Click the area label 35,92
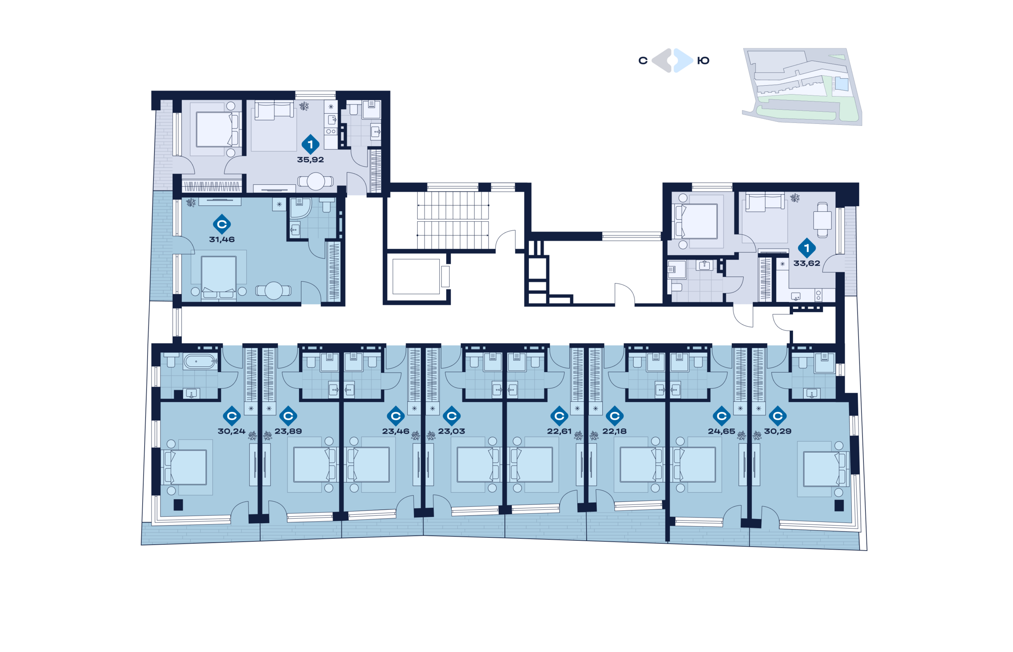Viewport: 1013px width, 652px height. [x=310, y=160]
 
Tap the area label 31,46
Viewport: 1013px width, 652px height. [x=221, y=239]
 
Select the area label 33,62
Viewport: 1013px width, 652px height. [x=806, y=263]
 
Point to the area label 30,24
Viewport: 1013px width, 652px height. [x=231, y=431]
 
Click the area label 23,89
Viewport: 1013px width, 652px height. [x=288, y=431]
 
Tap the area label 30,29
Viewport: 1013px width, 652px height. [x=777, y=431]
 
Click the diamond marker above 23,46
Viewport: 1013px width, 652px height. [x=395, y=416]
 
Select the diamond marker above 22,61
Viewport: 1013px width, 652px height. [x=559, y=416]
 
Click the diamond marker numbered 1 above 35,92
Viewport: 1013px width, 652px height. [x=310, y=144]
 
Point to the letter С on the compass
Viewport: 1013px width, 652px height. [x=643, y=61]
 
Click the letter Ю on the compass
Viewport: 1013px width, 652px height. [x=703, y=61]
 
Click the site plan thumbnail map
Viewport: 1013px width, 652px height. [x=802, y=86]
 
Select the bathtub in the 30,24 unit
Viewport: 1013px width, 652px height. [x=200, y=361]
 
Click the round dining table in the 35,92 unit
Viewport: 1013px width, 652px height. [x=315, y=181]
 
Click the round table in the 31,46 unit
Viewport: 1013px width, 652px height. [x=273, y=291]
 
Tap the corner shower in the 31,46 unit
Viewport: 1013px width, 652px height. [x=300, y=208]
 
